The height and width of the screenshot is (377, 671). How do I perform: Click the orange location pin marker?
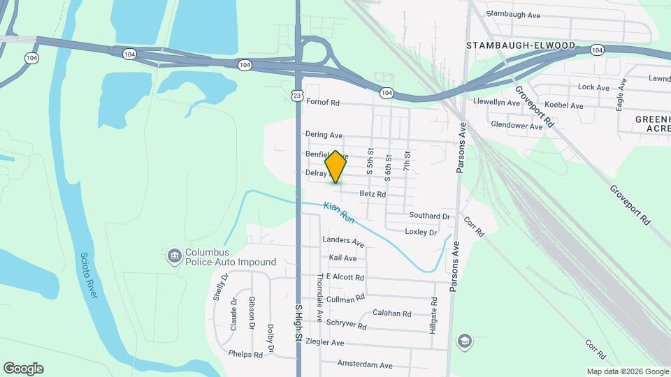click(336, 166)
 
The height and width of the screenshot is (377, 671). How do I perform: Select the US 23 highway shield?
click(297, 93)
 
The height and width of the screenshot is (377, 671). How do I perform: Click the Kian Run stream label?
click(339, 213)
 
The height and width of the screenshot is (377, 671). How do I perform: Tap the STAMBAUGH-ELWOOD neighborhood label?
click(521, 46)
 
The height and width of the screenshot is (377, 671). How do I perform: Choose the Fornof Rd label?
click(323, 103)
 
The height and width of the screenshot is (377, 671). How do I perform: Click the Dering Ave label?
click(324, 135)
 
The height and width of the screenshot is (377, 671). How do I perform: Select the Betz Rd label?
click(373, 195)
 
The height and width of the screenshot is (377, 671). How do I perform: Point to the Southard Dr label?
click(429, 216)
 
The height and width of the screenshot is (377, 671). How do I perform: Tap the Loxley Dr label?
click(421, 232)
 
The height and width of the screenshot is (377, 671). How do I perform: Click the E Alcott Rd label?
click(345, 277)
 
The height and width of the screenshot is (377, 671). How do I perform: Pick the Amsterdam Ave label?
click(365, 365)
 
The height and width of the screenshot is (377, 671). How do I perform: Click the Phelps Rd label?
click(245, 355)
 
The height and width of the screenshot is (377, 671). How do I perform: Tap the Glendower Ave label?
click(517, 126)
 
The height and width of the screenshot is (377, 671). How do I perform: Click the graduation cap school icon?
click(463, 341)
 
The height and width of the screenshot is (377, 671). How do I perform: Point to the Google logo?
click(23, 369)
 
